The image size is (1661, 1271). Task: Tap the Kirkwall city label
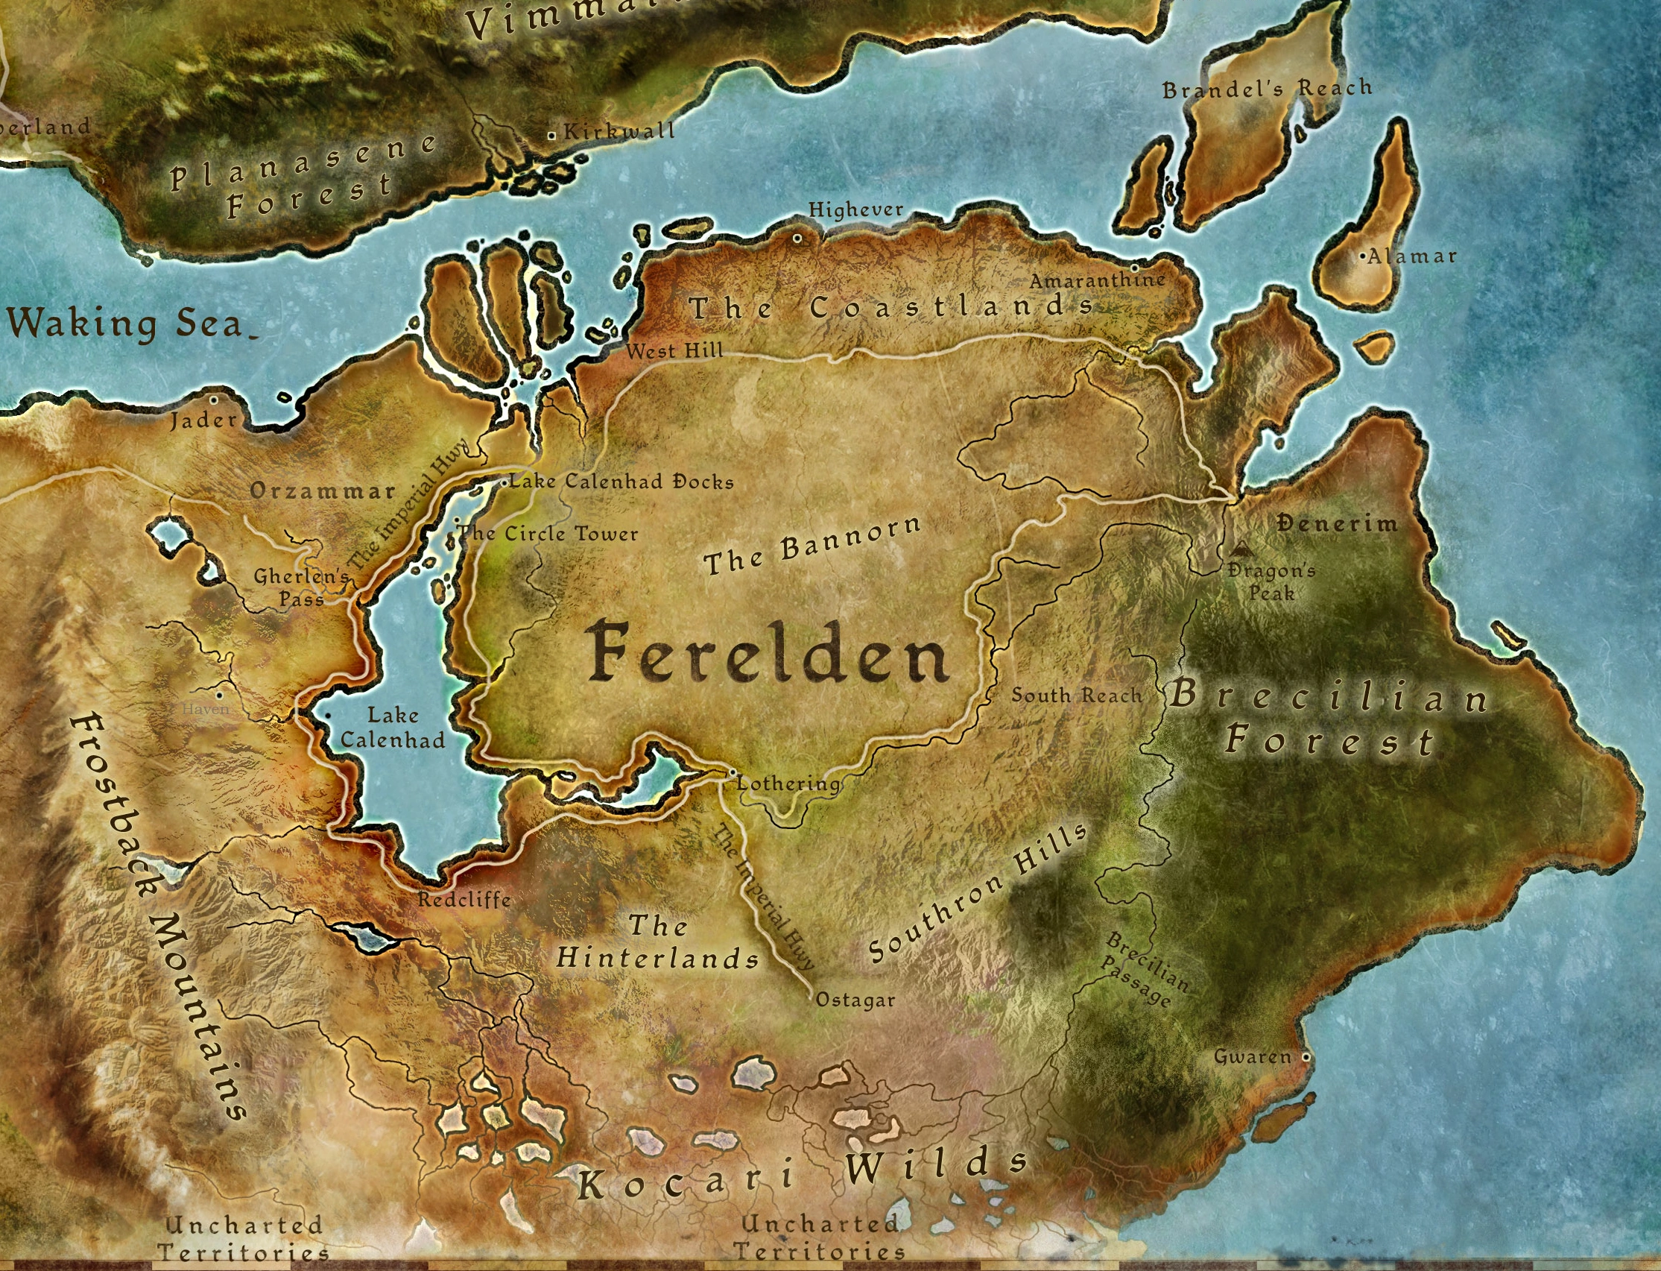tap(618, 131)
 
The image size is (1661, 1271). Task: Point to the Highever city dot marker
tap(797, 239)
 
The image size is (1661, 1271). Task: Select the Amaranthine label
tap(1097, 281)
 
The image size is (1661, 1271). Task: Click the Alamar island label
tap(1411, 256)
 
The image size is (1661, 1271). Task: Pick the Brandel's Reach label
tap(1266, 89)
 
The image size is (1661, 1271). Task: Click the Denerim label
tap(1337, 523)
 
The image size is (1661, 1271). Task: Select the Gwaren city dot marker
tap(1306, 1056)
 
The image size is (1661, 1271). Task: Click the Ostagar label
tap(855, 1000)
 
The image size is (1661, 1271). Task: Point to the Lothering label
tap(788, 783)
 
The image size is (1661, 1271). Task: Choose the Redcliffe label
tap(464, 900)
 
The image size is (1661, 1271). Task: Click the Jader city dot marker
tap(214, 400)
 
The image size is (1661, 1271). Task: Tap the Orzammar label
tap(323, 491)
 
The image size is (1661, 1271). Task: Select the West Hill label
tap(674, 350)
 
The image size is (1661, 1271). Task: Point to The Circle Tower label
tap(548, 533)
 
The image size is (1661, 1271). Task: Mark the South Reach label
tap(1076, 695)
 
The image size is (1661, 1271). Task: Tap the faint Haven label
tap(205, 710)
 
